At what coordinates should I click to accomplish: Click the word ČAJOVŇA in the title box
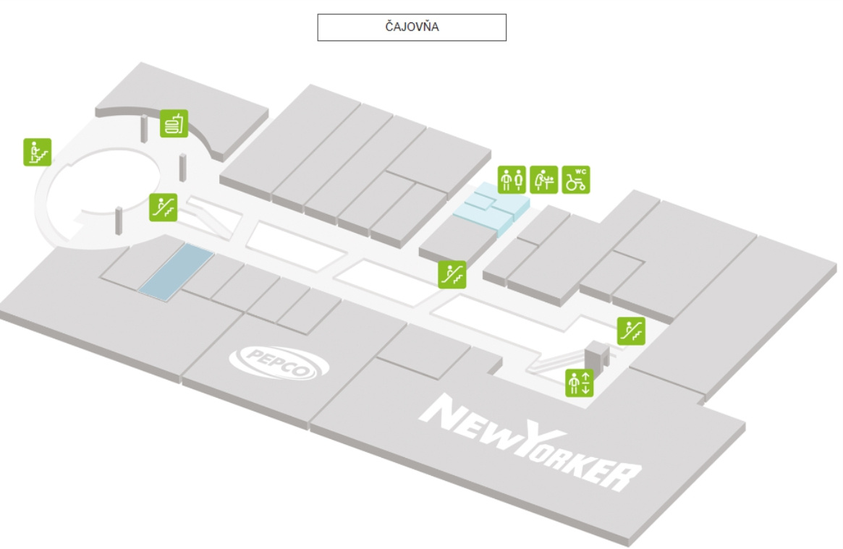[x=412, y=28]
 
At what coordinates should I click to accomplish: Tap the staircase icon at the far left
[x=37, y=152]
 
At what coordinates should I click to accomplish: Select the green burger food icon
[x=174, y=124]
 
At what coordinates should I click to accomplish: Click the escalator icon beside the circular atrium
[x=164, y=207]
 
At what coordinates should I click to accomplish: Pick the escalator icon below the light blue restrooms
[x=452, y=274]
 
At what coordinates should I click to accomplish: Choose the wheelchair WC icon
[x=577, y=179]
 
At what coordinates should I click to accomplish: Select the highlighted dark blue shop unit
[x=176, y=271]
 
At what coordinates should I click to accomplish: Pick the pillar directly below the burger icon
[x=183, y=168]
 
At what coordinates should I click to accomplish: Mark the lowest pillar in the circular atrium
[x=117, y=221]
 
